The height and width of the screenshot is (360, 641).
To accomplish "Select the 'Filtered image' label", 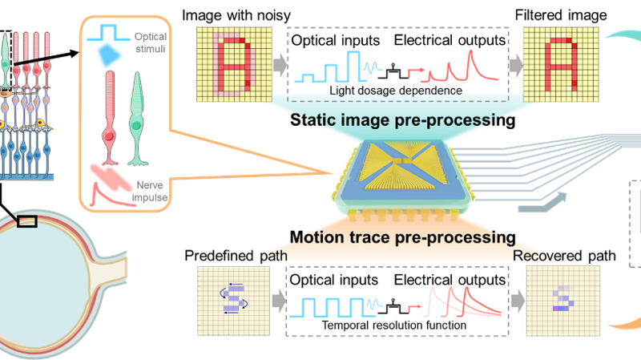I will point(565,15).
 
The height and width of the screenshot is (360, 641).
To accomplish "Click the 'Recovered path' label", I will point(565,256).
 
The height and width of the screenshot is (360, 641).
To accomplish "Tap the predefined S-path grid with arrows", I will point(231,303).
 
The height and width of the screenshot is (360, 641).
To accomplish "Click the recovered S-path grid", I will point(559,303).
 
